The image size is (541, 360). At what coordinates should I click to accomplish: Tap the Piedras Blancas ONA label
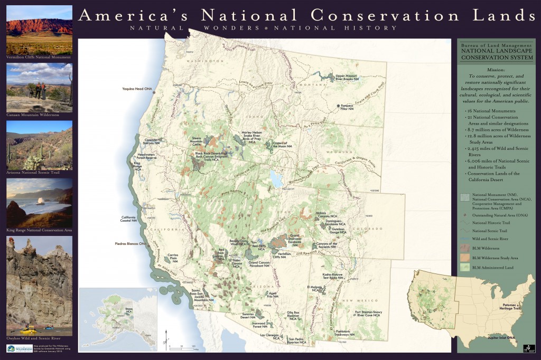132,244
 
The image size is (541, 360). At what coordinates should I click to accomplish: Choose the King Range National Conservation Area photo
39,202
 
